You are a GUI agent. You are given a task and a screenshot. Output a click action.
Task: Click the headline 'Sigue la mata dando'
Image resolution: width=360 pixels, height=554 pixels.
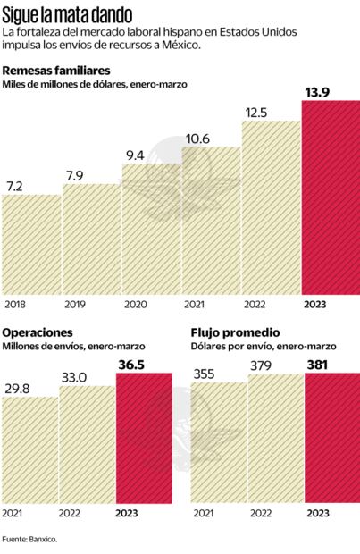(68, 14)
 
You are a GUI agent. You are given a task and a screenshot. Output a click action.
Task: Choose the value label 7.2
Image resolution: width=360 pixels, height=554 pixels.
(14, 185)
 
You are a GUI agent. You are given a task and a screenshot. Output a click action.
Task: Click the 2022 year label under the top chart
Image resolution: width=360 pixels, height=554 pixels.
(256, 305)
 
